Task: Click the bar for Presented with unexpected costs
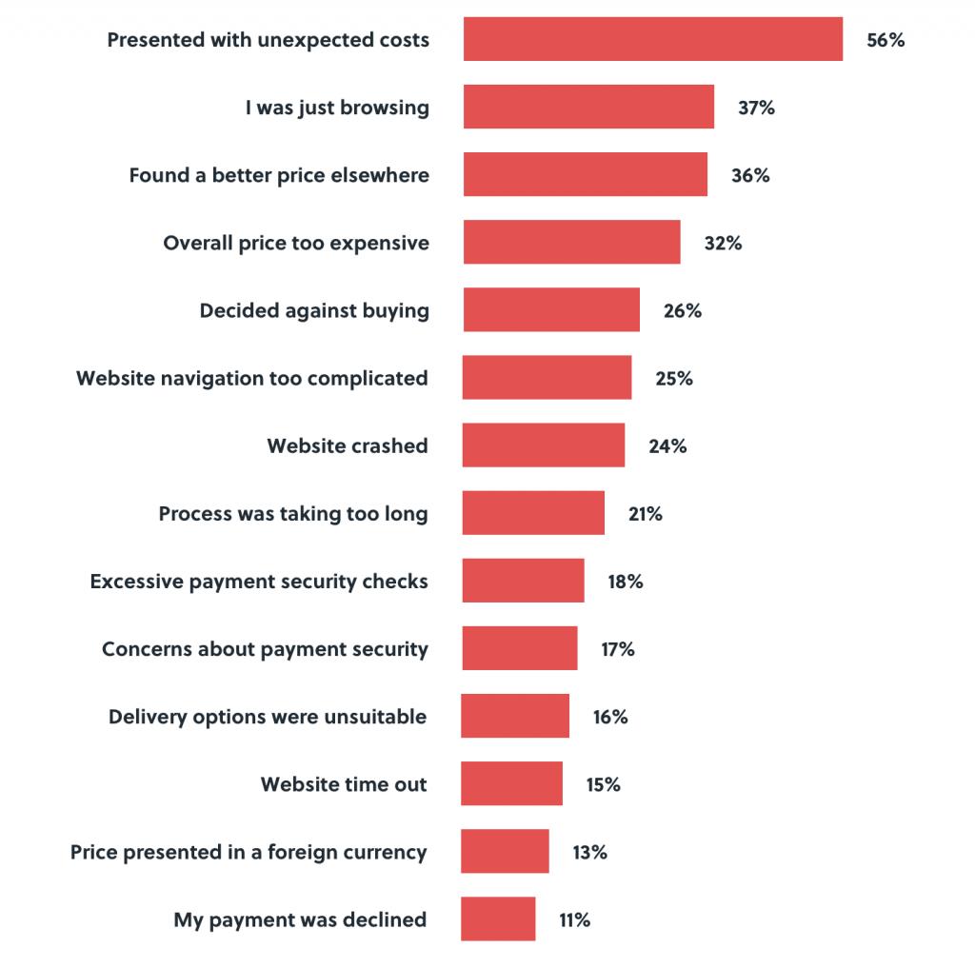tap(653, 39)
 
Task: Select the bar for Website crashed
tap(544, 445)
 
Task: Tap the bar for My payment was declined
tap(498, 919)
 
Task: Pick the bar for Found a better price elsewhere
tap(586, 175)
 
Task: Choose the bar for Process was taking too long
tap(533, 513)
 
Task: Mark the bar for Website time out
tap(512, 784)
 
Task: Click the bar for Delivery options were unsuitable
tap(515, 717)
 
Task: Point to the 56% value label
tap(885, 40)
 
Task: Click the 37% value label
tap(756, 108)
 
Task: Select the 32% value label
tap(723, 243)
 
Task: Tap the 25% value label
tap(674, 378)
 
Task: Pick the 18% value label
tap(626, 582)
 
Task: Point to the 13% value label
tap(589, 852)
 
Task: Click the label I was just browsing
tap(337, 108)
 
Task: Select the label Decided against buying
tap(314, 310)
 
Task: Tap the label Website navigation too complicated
tap(252, 378)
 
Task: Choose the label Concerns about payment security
tap(265, 649)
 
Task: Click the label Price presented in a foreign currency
tap(249, 852)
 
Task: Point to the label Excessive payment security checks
tap(259, 582)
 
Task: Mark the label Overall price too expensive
tap(296, 243)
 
